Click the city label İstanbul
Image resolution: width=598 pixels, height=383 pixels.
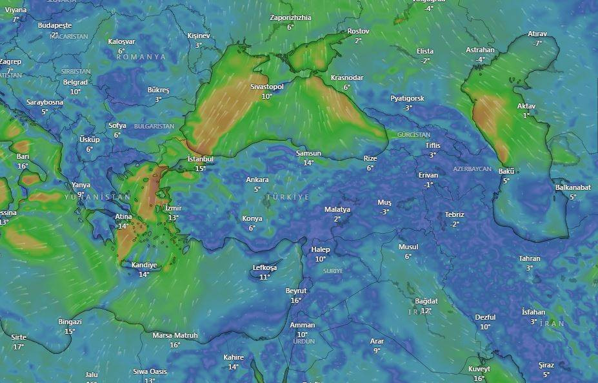[x=200, y=159]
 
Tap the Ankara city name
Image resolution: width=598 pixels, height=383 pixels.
[x=257, y=180]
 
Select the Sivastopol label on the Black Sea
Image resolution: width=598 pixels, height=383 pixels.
[x=267, y=87]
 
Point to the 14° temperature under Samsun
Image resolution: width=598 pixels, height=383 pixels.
[x=308, y=163]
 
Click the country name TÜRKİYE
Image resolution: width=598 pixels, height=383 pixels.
[x=288, y=196]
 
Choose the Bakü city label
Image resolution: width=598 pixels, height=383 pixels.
[x=506, y=171]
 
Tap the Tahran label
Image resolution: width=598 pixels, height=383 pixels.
[x=530, y=258]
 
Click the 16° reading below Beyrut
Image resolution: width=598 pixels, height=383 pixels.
[x=296, y=300]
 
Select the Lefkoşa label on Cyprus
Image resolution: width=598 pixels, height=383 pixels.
[x=264, y=267]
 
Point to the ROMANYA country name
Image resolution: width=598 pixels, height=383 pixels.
[x=141, y=57]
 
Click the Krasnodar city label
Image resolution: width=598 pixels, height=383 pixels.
[x=347, y=78]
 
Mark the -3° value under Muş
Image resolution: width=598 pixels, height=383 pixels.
[x=384, y=212]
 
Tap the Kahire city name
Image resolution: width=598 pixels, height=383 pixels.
[x=234, y=357]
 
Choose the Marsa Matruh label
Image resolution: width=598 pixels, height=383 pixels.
[x=175, y=335]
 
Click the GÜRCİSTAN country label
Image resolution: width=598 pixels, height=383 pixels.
[x=414, y=134]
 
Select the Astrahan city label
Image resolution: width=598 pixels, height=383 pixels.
[x=481, y=50]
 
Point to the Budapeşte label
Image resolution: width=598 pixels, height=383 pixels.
[x=55, y=25]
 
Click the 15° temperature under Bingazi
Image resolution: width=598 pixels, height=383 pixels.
[x=70, y=331]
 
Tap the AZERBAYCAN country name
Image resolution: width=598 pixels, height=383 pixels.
[x=472, y=169]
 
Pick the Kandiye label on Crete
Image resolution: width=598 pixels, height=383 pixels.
[x=144, y=265]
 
